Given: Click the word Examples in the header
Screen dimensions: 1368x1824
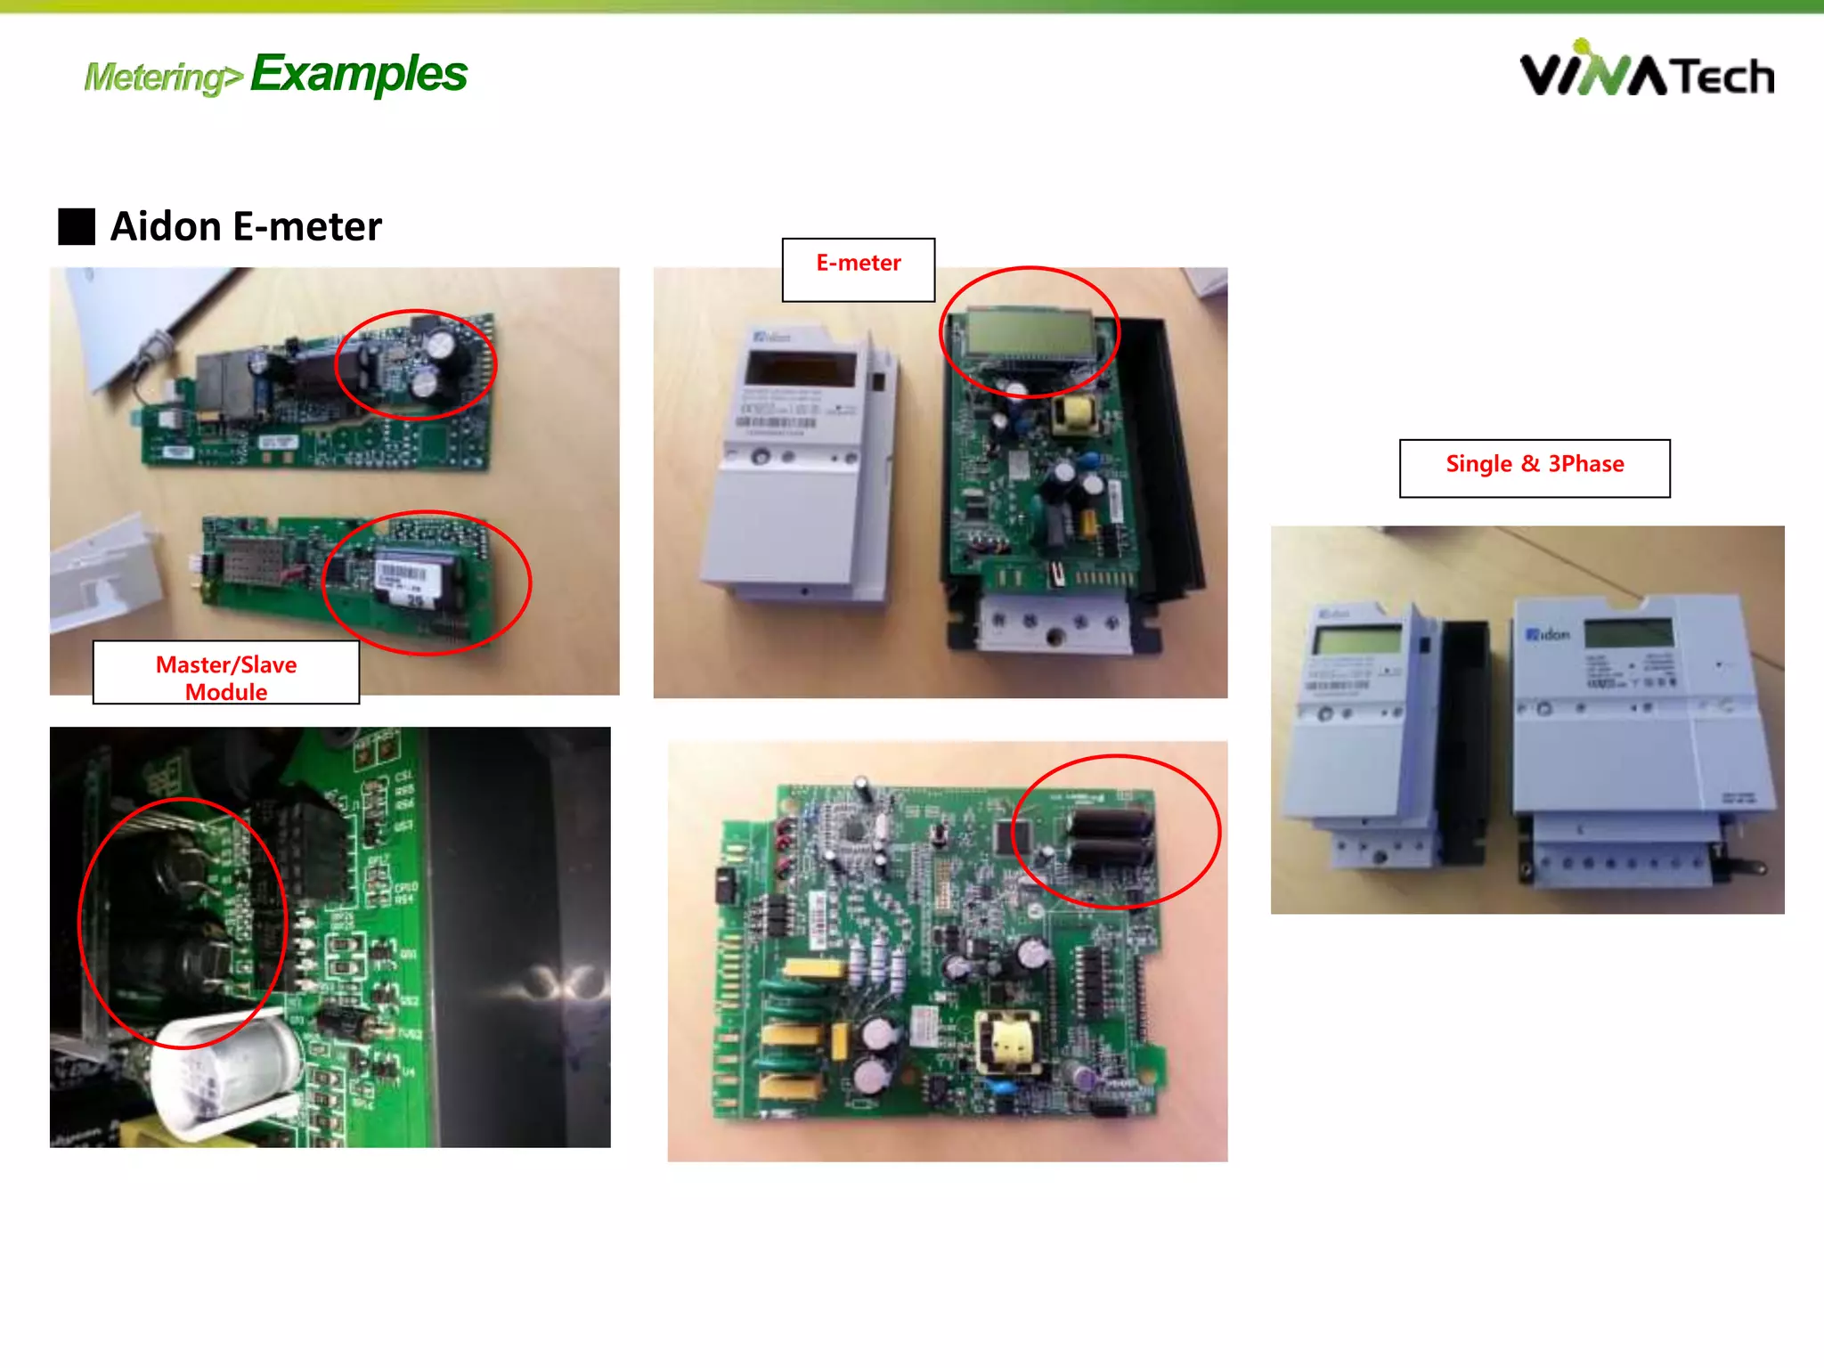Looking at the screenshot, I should click(358, 74).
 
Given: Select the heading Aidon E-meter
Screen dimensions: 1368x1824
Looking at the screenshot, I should click(246, 226).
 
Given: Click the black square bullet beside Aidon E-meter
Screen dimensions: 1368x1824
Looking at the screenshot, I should click(77, 226).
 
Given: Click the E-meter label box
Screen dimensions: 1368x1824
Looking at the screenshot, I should click(858, 269).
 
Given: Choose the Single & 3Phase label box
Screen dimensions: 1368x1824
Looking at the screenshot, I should click(1534, 468).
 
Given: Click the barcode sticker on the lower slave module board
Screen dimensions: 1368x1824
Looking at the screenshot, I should click(403, 574).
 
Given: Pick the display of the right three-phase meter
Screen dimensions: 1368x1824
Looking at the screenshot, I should click(1628, 632).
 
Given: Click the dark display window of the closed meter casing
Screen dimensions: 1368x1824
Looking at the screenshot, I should click(800, 367).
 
